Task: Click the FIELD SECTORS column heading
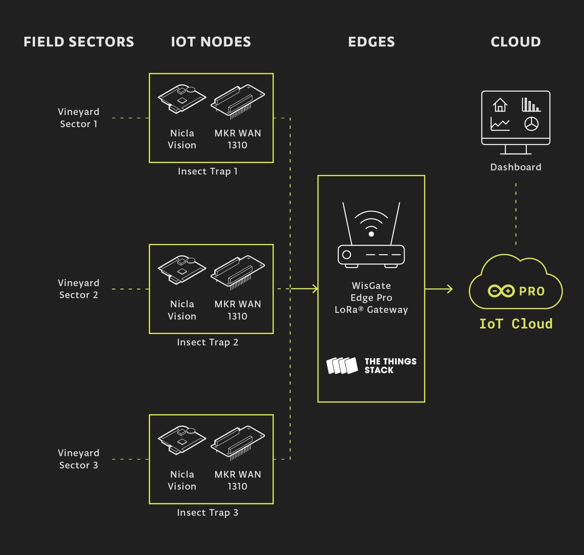(x=79, y=42)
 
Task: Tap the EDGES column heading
(x=371, y=42)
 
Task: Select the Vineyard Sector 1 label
(x=79, y=118)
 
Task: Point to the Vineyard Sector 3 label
(x=79, y=459)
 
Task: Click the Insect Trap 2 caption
(x=208, y=342)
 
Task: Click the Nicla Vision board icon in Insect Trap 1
(x=182, y=99)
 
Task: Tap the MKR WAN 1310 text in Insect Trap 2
(x=238, y=310)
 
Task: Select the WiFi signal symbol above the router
(x=371, y=224)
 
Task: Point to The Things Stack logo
(x=371, y=366)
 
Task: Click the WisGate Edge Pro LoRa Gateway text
(x=371, y=298)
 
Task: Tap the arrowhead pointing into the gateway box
(x=315, y=289)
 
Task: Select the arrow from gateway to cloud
(x=439, y=289)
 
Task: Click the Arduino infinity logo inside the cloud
(x=501, y=291)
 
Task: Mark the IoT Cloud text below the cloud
(x=516, y=324)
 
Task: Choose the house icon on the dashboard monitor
(x=500, y=105)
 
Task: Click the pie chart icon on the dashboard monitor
(x=531, y=124)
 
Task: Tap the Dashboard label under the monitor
(x=516, y=167)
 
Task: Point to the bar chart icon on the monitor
(x=531, y=105)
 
